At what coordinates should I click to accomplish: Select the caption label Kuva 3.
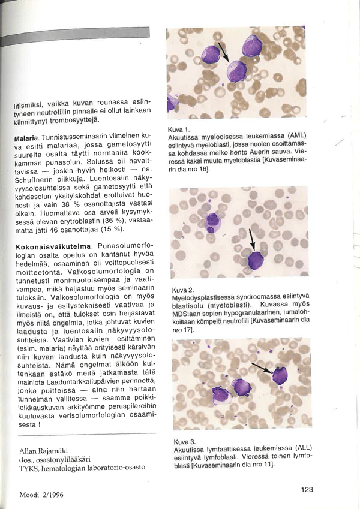pos(181,442)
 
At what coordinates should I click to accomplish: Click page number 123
pos(307,490)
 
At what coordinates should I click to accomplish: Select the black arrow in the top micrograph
pos(223,52)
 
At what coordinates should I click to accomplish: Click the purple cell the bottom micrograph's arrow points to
pos(280,375)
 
